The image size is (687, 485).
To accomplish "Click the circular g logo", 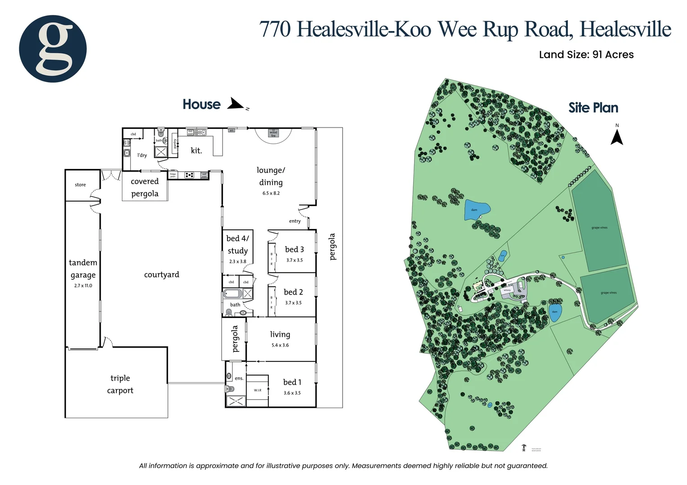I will coord(53,48).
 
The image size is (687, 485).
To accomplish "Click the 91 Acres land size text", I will coord(613,55).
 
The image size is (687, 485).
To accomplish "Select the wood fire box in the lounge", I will coord(273,133).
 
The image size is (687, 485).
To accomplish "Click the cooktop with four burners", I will coord(190,175).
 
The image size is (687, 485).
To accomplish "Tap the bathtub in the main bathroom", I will coord(233,294).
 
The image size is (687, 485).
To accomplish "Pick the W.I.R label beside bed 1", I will coord(258,390).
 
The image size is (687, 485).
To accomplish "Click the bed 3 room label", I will coord(294,249).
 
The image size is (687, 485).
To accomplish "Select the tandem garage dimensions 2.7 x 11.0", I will coord(83,286).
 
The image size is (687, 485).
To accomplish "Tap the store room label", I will coord(80,185).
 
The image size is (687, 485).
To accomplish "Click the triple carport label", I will coord(120,384).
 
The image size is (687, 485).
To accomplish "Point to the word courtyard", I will coord(161,274).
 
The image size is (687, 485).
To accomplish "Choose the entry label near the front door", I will coord(295,221).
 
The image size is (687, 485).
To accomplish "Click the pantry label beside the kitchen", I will coord(175,143).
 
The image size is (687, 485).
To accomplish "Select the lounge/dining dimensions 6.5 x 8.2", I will coord(271,193).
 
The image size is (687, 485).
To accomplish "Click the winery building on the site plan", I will coord(507,291).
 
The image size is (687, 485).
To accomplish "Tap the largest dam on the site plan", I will coord(477,210).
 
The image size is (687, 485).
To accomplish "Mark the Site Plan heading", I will coord(593,108).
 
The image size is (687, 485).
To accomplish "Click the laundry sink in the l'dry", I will coord(127,154).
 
